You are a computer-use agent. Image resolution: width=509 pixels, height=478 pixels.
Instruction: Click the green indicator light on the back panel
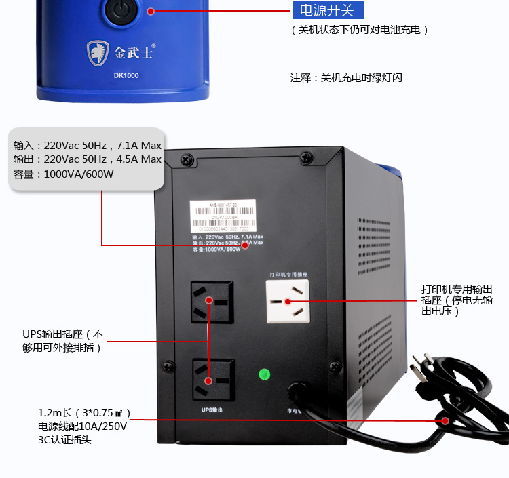pyautogui.click(x=265, y=374)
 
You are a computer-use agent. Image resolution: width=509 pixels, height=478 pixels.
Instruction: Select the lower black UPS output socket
pyautogui.click(x=208, y=378)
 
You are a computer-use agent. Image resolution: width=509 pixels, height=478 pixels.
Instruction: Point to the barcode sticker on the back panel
pyautogui.click(x=223, y=216)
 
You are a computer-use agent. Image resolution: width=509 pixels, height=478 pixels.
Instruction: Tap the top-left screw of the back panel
pyautogui.click(x=185, y=160)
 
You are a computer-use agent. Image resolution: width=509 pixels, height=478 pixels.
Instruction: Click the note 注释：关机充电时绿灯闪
pyautogui.click(x=346, y=78)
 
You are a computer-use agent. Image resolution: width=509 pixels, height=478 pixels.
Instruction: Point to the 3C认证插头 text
pyautogui.click(x=64, y=440)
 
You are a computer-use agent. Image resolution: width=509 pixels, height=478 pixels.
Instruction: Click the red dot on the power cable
pyautogui.click(x=446, y=420)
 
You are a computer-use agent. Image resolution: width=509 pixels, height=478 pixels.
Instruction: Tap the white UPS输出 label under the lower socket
pyautogui.click(x=212, y=410)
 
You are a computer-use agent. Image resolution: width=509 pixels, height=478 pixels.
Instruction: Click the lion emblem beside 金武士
pyautogui.click(x=96, y=52)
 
